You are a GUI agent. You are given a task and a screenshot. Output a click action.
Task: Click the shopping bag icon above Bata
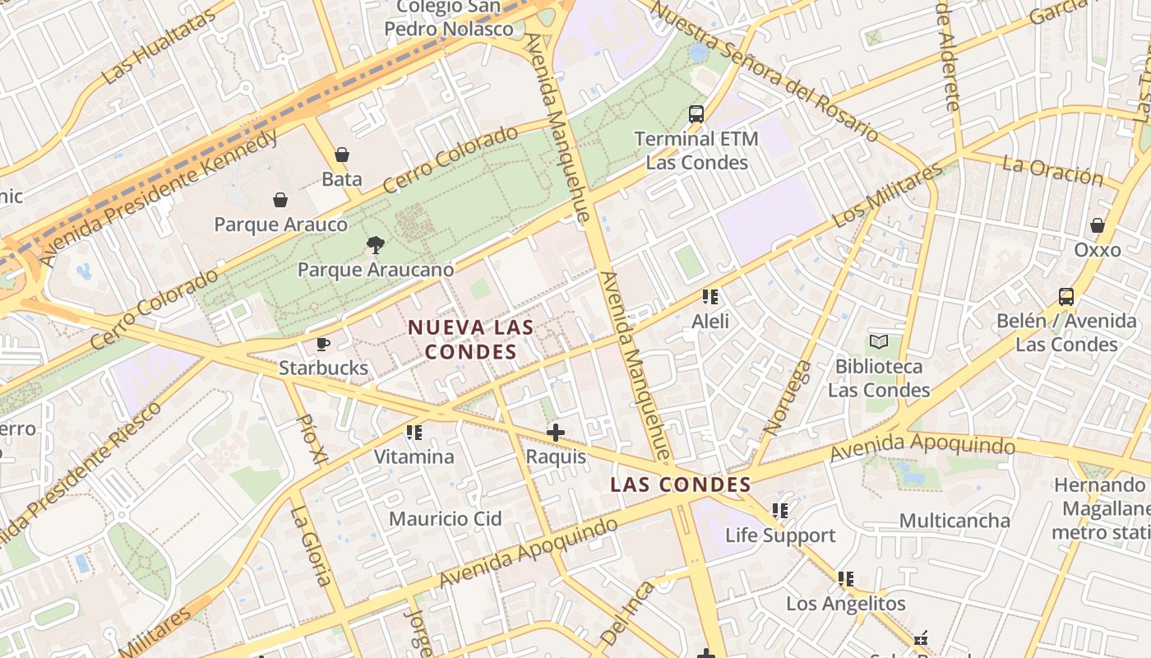tap(341, 155)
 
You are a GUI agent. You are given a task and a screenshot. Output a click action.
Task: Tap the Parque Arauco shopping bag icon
tap(280, 200)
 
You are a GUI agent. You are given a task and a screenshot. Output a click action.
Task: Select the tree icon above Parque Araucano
tap(376, 244)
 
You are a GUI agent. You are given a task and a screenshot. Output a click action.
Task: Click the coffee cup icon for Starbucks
tap(323, 344)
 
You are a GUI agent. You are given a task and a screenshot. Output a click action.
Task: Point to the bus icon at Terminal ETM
tap(696, 114)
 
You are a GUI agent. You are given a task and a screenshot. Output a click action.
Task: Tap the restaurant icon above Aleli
tap(710, 297)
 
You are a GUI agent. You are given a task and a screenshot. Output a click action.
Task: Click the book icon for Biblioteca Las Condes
tap(879, 341)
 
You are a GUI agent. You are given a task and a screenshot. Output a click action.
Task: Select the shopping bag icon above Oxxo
tap(1098, 225)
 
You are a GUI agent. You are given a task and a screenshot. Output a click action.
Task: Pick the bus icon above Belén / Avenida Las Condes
tap(1066, 297)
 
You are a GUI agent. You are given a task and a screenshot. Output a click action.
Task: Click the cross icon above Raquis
tap(556, 432)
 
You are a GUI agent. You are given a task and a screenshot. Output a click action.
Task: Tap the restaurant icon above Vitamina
tap(414, 432)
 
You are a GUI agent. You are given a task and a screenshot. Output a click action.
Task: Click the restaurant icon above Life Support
tap(780, 511)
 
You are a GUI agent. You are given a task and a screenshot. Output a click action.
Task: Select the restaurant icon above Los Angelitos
tap(845, 579)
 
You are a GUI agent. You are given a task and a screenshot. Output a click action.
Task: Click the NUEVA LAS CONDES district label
tap(471, 340)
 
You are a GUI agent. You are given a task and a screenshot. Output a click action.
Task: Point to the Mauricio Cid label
tap(445, 519)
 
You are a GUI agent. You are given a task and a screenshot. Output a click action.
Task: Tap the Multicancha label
tap(955, 521)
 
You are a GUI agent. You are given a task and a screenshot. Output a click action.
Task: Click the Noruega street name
tap(788, 397)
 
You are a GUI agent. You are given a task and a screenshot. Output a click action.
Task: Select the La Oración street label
tap(1052, 171)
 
